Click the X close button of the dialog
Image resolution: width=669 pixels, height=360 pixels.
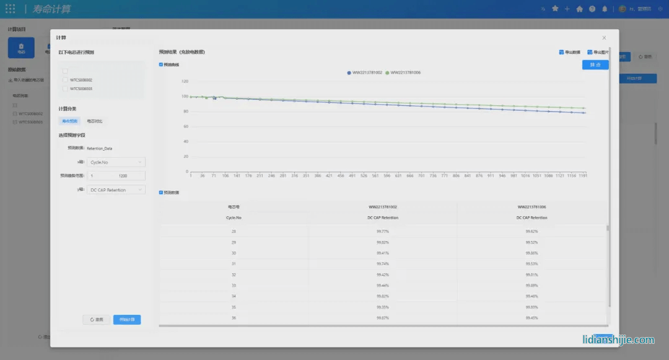[604, 38]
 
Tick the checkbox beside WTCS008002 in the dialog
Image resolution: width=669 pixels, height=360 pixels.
[65, 80]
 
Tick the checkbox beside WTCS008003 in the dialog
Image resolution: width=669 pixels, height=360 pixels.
[65, 89]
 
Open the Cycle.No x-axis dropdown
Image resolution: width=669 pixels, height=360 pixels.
[116, 162]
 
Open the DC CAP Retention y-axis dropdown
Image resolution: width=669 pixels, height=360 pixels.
[116, 190]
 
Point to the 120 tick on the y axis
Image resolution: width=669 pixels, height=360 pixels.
[185, 81]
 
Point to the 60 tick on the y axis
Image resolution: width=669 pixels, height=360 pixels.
[185, 126]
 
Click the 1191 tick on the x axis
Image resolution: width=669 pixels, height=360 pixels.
[582, 176]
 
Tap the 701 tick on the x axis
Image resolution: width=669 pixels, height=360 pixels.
[422, 176]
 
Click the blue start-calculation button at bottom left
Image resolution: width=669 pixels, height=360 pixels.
[127, 320]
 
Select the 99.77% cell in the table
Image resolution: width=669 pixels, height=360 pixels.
[382, 231]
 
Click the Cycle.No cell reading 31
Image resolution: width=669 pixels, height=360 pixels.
[234, 263]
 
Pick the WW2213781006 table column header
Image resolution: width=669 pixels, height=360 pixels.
[531, 206]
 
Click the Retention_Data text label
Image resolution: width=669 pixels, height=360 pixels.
[100, 148]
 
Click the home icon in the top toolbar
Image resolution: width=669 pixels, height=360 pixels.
[579, 9]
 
